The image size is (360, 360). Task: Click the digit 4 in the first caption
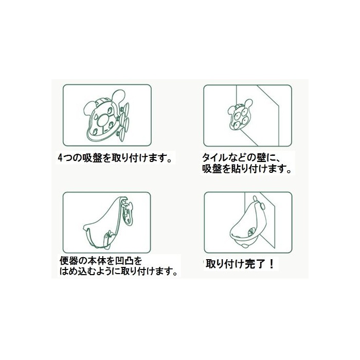(x=60, y=158)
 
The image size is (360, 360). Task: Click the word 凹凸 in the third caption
(x=122, y=261)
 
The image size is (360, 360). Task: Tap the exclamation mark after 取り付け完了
(x=271, y=264)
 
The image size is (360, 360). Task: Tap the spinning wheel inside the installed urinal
(x=251, y=231)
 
